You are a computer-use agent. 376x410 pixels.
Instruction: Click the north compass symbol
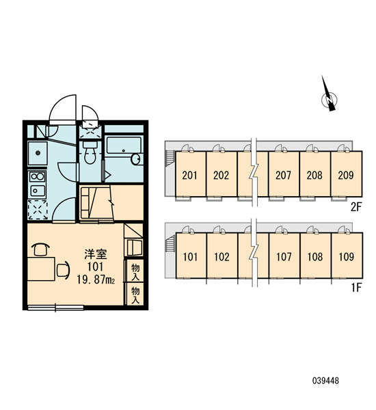pos(329,99)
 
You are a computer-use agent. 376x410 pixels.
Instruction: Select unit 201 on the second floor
pos(191,174)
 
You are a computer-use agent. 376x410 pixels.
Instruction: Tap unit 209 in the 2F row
pos(347,174)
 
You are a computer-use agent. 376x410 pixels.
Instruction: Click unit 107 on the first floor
pos(284,256)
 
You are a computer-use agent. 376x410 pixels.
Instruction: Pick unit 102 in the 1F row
pos(222,256)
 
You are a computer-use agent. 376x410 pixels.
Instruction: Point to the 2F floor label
pos(355,207)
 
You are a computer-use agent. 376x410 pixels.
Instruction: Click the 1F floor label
pos(356,288)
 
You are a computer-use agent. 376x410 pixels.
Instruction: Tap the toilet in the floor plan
pos(90,152)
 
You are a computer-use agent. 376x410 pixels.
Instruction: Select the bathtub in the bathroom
pos(124,145)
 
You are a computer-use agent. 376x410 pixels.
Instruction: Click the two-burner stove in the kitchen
pos(38,177)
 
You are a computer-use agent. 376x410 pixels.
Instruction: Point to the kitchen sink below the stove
pos(38,191)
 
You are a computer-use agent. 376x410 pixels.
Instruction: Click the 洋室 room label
pos(96,254)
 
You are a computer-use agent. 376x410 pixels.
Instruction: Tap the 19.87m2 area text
pos(96,280)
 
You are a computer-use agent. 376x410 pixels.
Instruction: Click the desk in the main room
pos(41,269)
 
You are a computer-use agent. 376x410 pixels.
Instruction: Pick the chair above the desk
pos(40,249)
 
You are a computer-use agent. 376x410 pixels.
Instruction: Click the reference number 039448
pos(325,381)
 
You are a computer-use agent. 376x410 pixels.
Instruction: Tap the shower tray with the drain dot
pos(38,153)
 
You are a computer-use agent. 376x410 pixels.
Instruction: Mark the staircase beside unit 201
pos(170,159)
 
